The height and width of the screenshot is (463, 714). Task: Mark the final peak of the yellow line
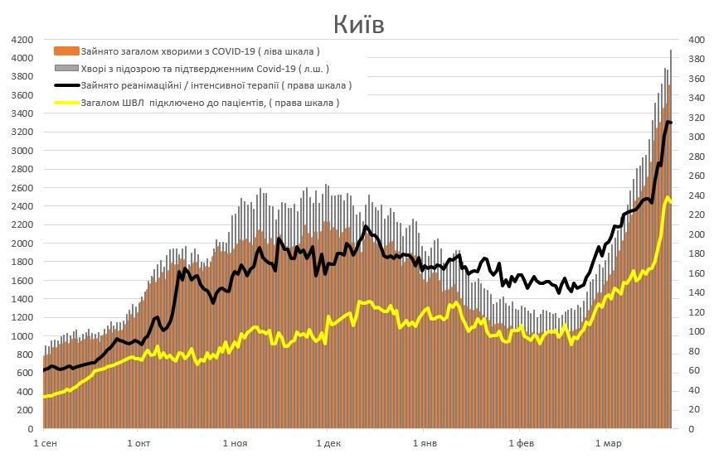click(668, 197)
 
